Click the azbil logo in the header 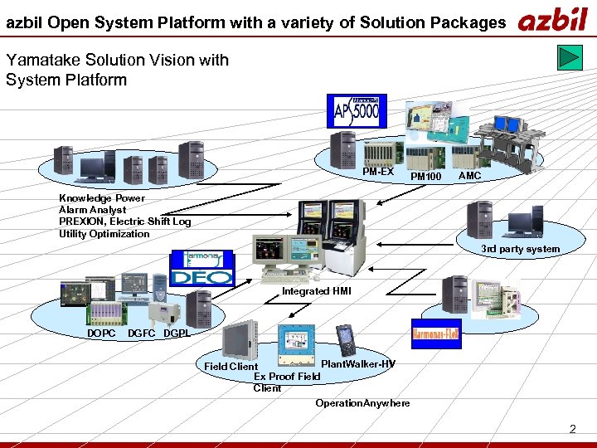click(552, 20)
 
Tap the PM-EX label click(378, 172)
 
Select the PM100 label click(426, 176)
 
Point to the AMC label click(469, 176)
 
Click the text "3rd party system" click(520, 249)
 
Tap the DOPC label click(101, 334)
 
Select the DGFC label click(142, 334)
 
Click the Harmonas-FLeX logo click(436, 334)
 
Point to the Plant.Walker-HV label click(357, 364)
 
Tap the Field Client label click(231, 367)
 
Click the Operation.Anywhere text click(362, 403)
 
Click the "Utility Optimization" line click(104, 233)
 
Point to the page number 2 click(572, 429)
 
